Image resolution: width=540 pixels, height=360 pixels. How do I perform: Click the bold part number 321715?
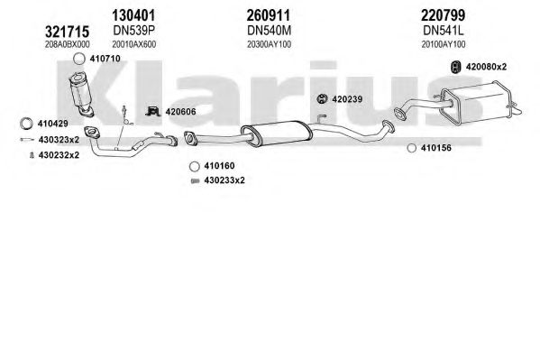(x=67, y=32)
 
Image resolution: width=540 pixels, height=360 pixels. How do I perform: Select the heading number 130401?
(x=133, y=15)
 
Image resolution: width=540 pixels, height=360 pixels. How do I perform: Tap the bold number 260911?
(x=269, y=15)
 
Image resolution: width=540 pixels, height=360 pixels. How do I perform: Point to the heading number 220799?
(x=444, y=15)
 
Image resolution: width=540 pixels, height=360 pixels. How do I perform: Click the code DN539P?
(x=134, y=31)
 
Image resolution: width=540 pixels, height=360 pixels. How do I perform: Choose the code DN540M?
(x=269, y=31)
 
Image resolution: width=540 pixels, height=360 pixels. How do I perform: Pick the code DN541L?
(x=444, y=31)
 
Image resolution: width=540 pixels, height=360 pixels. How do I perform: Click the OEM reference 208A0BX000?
(x=67, y=44)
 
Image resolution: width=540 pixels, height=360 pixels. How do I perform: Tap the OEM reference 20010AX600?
(x=133, y=44)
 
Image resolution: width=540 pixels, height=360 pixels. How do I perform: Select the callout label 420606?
(x=180, y=112)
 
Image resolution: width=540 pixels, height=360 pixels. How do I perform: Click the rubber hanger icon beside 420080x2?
(x=456, y=67)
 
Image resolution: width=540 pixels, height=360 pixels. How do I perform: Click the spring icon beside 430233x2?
(x=196, y=180)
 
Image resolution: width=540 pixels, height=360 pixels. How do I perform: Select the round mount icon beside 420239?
(x=322, y=99)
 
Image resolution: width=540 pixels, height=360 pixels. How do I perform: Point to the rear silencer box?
(x=480, y=102)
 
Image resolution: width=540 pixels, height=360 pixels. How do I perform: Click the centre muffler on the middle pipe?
(x=277, y=134)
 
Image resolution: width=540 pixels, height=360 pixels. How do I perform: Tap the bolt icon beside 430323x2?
(x=27, y=140)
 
